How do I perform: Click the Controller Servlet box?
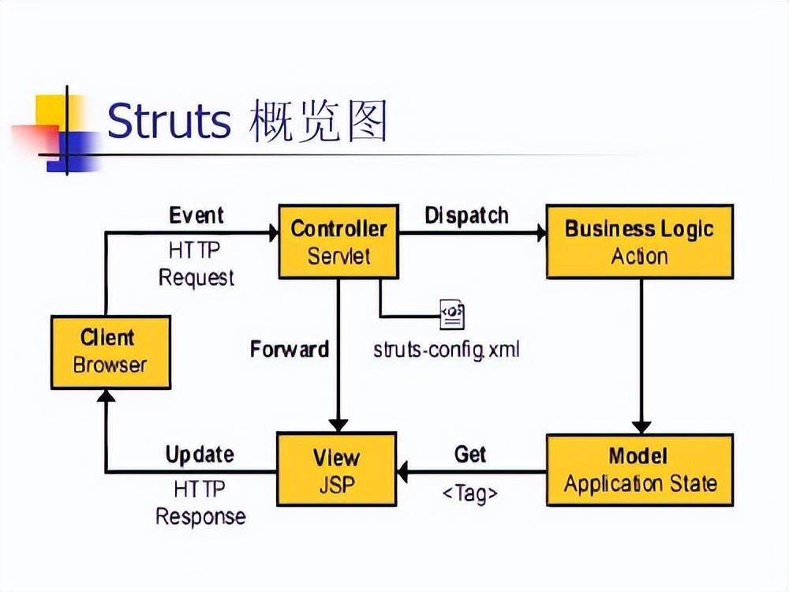tap(338, 242)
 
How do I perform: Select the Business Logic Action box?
tap(640, 242)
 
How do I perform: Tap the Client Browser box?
tap(110, 352)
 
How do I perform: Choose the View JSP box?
tap(337, 469)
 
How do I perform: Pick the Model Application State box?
tap(640, 470)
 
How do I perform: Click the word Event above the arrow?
tap(196, 215)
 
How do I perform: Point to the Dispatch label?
tap(466, 215)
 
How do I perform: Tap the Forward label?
tap(290, 349)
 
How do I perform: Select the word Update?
tap(200, 455)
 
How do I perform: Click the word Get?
tap(470, 454)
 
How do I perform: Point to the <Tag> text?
tap(470, 493)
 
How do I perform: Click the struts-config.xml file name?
tap(447, 349)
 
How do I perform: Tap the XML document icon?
tap(452, 315)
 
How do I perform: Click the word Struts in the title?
tap(169, 120)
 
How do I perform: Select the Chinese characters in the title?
tap(318, 120)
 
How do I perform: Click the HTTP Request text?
tap(196, 264)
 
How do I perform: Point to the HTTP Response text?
tap(200, 502)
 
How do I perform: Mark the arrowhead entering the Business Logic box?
tap(541, 233)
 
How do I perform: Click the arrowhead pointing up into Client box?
tap(106, 395)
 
